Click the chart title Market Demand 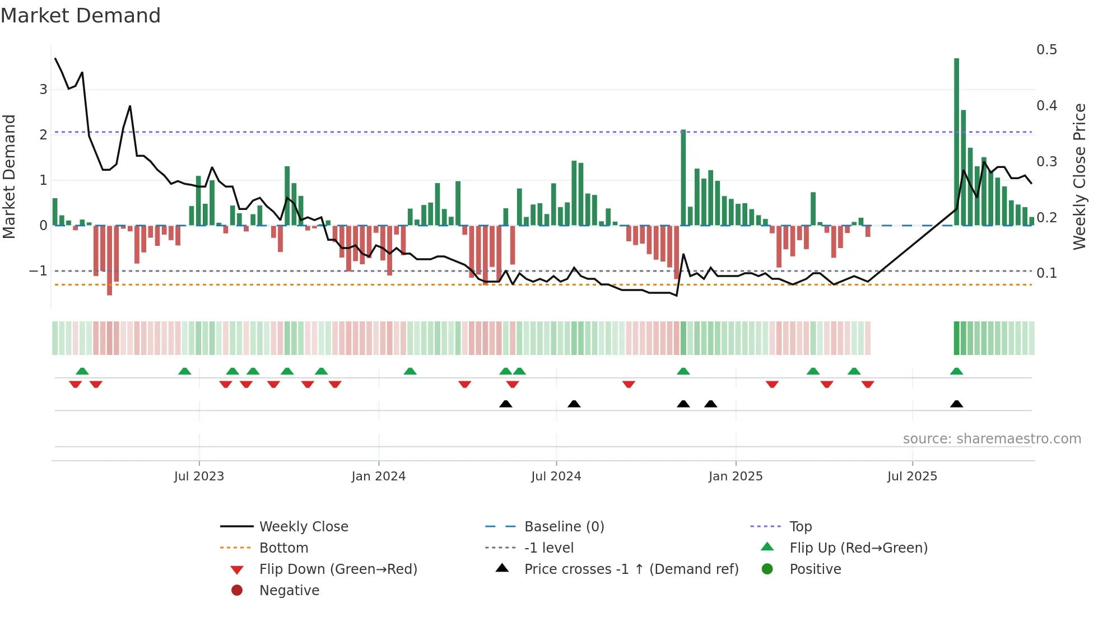81,15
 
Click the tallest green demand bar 956,140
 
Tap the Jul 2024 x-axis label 556,476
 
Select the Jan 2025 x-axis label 735,476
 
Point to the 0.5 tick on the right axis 1046,50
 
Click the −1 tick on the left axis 38,271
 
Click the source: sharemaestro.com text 992,439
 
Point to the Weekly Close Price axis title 1079,176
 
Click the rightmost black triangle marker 956,404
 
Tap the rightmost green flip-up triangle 956,371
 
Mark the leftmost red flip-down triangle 75,384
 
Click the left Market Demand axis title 9,176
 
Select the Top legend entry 800,527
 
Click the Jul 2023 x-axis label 199,476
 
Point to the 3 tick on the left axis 43,90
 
